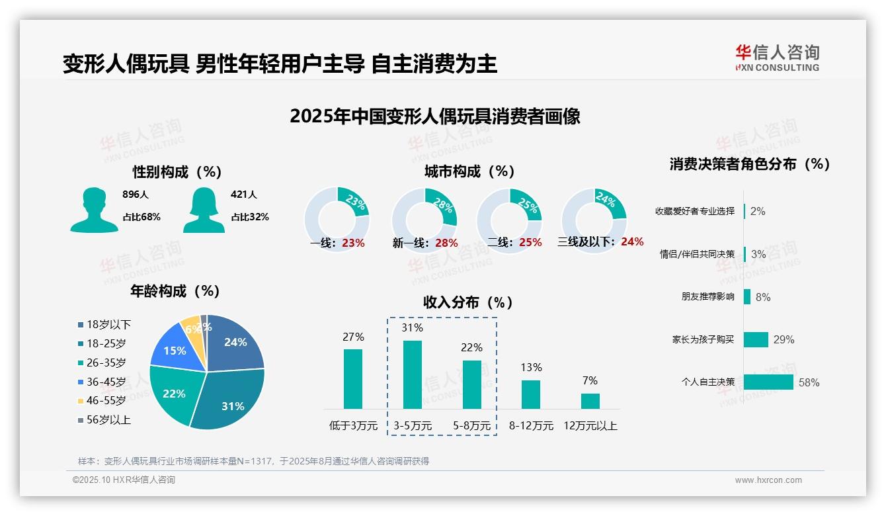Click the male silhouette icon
[94, 210]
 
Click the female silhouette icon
[204, 210]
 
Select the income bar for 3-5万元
[413, 374]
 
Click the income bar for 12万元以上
[590, 401]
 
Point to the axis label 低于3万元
[352, 425]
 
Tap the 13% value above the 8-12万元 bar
[531, 367]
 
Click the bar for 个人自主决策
[768, 382]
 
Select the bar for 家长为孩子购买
[756, 339]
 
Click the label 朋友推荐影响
[707, 297]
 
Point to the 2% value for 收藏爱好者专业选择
[758, 211]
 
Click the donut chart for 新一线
[424, 218]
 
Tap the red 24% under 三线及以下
[632, 242]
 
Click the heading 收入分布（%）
[468, 302]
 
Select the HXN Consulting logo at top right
[777, 58]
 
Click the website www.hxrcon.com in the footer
[768, 480]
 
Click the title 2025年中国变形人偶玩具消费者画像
[434, 116]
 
